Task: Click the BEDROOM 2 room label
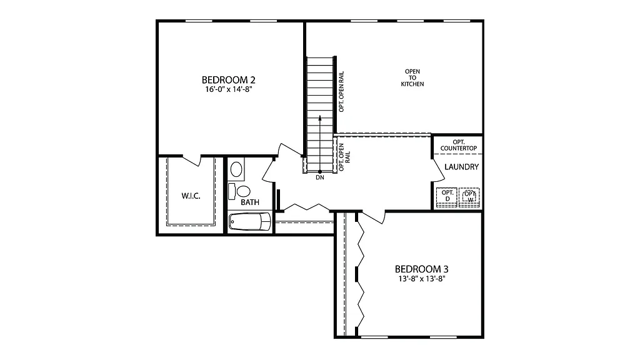[228, 80]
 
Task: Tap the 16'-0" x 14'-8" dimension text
[228, 89]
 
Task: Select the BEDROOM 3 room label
[422, 269]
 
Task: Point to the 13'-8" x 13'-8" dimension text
[422, 279]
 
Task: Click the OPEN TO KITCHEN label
[412, 77]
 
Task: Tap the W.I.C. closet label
[191, 196]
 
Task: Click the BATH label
[250, 202]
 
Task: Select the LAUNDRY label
[462, 167]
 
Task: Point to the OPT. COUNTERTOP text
[459, 145]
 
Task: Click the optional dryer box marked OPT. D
[447, 196]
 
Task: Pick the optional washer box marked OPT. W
[470, 196]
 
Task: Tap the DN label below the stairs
[320, 178]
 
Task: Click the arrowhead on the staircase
[320, 117]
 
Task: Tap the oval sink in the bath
[237, 169]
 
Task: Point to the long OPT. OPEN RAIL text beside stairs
[342, 91]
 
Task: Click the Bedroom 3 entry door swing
[374, 216]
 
